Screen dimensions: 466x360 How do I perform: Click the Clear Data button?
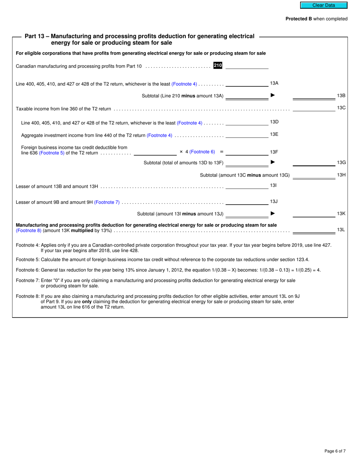tap(324, 5)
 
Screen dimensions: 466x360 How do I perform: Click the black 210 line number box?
tap(218, 66)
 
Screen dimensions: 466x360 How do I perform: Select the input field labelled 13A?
tap(247, 83)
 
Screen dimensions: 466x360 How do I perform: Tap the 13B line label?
tap(341, 96)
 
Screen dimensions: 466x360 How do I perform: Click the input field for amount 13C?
tap(314, 108)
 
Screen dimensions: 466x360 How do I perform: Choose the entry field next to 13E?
tap(247, 134)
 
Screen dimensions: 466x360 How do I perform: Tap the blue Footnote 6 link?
tap(202, 152)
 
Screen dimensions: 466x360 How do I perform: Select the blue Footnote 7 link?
tap(107, 202)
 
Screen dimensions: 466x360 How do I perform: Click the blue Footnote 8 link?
tap(28, 230)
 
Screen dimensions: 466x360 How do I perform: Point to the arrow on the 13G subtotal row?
tap(272, 162)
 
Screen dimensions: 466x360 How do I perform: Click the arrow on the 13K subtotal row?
tap(272, 213)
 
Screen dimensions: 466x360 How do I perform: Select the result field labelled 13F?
tap(247, 152)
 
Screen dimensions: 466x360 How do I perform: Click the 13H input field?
tap(314, 175)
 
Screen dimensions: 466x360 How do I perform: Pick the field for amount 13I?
tap(247, 186)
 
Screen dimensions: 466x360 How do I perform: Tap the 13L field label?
tap(341, 230)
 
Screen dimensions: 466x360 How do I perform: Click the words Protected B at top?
tap(299, 19)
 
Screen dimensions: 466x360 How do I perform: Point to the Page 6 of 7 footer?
tap(335, 451)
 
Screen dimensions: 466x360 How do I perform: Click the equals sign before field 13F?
tap(221, 152)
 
